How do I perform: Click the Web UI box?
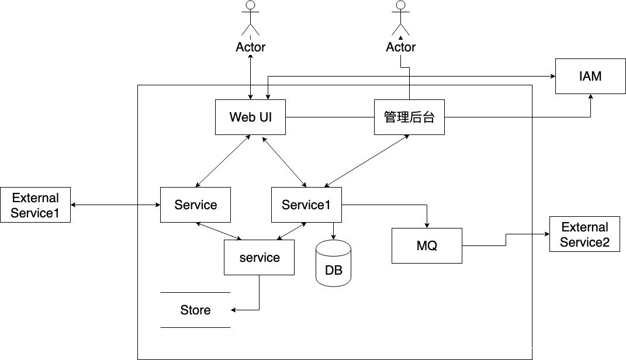pyautogui.click(x=250, y=117)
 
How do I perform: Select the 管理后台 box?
pyautogui.click(x=409, y=117)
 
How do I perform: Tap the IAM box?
pyautogui.click(x=590, y=76)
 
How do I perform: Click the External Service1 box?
pyautogui.click(x=35, y=205)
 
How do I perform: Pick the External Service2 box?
pyautogui.click(x=585, y=234)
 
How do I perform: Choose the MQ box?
pyautogui.click(x=427, y=245)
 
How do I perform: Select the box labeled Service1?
pyautogui.click(x=306, y=205)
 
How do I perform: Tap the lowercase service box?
pyautogui.click(x=260, y=257)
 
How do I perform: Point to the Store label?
pyautogui.click(x=195, y=310)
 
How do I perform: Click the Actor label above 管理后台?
pyautogui.click(x=400, y=47)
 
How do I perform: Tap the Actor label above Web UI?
pyautogui.click(x=251, y=47)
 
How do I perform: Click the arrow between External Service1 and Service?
pyautogui.click(x=115, y=205)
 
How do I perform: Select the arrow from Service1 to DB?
pyautogui.click(x=333, y=231)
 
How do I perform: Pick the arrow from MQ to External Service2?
pyautogui.click(x=506, y=240)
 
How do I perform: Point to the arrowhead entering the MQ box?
pyautogui.click(x=428, y=225)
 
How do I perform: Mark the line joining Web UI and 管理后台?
pyautogui.click(x=330, y=117)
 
